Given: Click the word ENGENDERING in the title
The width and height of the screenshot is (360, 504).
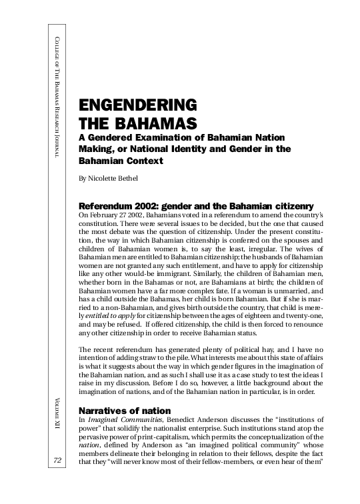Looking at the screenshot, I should (138, 105).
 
